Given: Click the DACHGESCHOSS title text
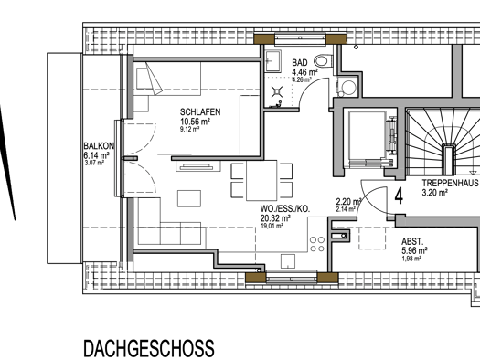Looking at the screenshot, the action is click(149, 348).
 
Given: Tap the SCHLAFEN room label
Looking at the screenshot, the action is click(200, 112).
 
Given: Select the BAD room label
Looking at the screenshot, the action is click(300, 63).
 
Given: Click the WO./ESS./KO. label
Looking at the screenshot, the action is click(285, 209).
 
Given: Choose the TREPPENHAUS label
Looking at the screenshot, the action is click(451, 183).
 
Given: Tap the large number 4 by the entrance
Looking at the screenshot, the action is click(399, 196).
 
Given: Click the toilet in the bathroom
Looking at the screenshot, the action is click(324, 60).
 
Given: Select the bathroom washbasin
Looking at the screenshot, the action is click(272, 61).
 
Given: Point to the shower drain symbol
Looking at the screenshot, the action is click(277, 91).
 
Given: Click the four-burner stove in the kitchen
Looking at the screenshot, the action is click(317, 244).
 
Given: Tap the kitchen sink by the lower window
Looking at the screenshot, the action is click(288, 261).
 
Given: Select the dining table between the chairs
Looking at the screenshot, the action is click(261, 181).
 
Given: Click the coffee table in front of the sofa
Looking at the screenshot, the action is click(189, 198).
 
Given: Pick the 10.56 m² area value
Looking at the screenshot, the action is click(195, 122).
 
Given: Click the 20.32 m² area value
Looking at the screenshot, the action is click(275, 218).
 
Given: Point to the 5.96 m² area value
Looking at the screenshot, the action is click(414, 250).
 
